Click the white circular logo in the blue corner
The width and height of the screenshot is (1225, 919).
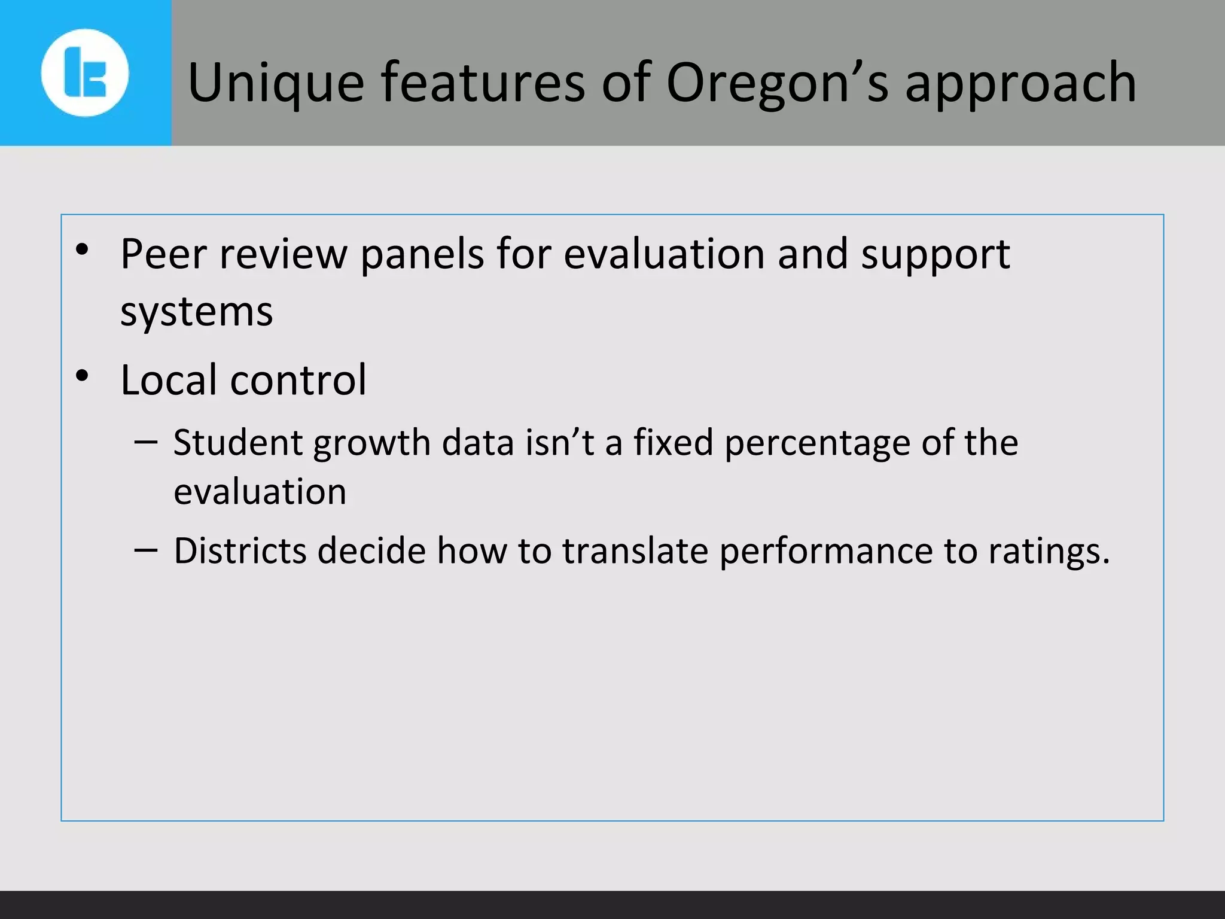[85, 73]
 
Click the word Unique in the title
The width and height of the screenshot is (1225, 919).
[276, 84]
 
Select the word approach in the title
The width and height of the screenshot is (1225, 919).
[1020, 84]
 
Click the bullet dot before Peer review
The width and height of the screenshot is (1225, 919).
[83, 250]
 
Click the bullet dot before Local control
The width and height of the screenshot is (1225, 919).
[83, 376]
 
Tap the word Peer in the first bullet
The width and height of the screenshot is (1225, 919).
[163, 254]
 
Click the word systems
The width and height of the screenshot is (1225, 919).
[196, 312]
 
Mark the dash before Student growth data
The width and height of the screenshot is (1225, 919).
[146, 443]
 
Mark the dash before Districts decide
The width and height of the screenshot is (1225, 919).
[146, 549]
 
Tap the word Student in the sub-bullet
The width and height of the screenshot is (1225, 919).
[237, 443]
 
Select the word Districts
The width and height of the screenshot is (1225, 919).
[240, 550]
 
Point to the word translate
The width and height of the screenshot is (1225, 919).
[635, 550]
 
